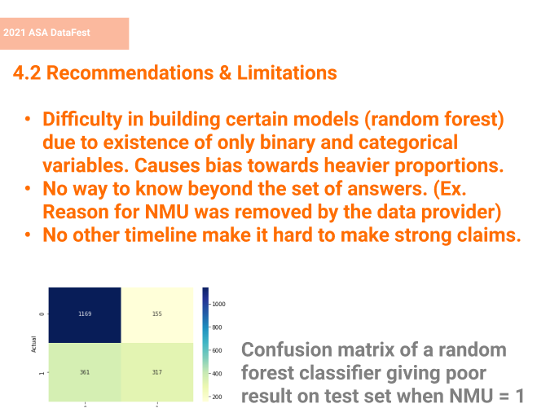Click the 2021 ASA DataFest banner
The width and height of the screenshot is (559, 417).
(64, 33)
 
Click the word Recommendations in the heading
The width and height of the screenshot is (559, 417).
(130, 72)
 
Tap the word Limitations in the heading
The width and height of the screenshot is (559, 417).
(287, 72)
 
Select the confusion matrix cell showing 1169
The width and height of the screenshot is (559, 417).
(85, 314)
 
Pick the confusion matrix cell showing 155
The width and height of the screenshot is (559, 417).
(157, 314)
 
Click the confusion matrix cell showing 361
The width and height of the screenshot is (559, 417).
(85, 372)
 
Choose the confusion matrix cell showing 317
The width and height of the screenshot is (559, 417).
(157, 372)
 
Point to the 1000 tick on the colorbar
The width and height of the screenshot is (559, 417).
(218, 304)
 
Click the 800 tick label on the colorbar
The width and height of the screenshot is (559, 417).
(217, 327)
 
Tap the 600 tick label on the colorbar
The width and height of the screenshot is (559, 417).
(217, 350)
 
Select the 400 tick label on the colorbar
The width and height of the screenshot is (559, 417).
(217, 374)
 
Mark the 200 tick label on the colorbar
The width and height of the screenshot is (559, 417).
(217, 397)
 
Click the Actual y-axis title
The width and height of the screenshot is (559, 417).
(34, 345)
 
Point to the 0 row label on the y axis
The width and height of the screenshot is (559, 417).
(42, 314)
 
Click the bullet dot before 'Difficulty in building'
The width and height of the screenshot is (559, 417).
(28, 119)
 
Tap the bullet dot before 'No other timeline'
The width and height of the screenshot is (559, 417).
(28, 235)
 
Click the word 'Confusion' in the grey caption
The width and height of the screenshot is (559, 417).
(287, 349)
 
